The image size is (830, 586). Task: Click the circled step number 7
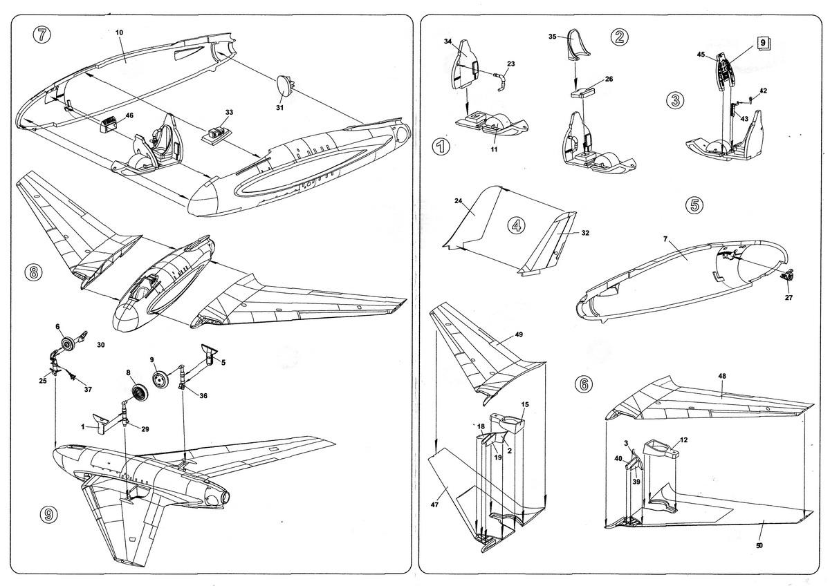tap(42, 35)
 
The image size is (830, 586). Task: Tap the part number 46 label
tap(129, 115)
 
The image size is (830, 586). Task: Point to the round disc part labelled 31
tap(284, 85)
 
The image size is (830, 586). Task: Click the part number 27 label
tap(788, 298)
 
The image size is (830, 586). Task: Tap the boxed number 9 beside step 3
tap(762, 43)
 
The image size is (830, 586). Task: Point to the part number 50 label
tap(759, 546)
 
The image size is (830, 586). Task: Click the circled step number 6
tap(584, 385)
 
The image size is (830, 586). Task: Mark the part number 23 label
tap(510, 64)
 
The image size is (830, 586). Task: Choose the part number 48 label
tap(722, 376)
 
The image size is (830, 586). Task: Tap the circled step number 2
tap(619, 37)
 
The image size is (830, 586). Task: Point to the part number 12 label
tap(683, 440)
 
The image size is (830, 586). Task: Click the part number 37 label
tap(88, 389)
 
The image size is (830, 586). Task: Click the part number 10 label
tap(119, 33)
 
